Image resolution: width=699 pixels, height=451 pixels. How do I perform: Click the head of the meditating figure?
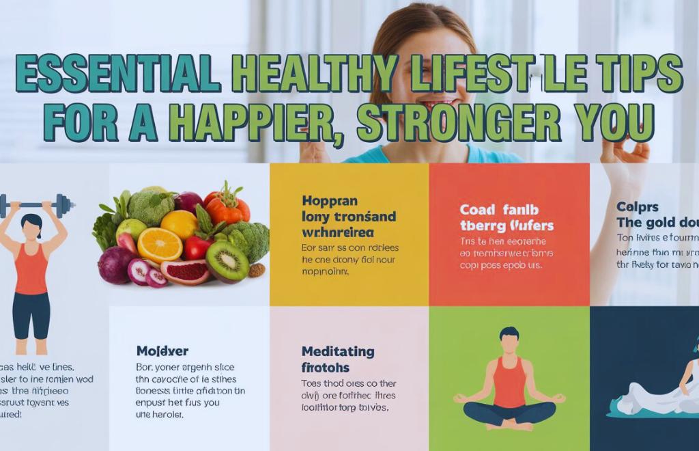(509, 336)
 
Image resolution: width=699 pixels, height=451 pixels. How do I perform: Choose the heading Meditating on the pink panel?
(337, 352)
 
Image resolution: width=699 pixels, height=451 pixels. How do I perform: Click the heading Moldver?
(162, 351)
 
